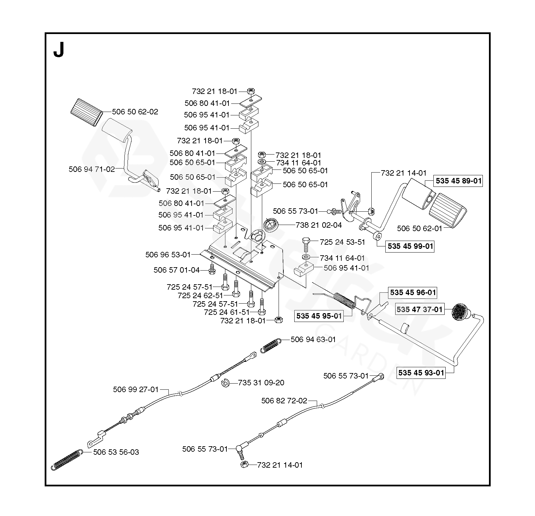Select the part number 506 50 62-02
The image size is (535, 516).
[x=135, y=112]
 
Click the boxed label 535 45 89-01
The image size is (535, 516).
[x=459, y=181]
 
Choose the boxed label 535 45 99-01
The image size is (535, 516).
[x=410, y=246]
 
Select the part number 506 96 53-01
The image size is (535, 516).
[x=168, y=254]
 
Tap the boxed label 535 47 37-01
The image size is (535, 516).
[x=419, y=309]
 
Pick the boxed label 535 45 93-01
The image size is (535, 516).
[x=421, y=372]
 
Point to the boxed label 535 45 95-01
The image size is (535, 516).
[x=319, y=316]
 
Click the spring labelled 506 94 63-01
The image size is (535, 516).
[x=271, y=346]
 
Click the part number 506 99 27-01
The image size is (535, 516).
[x=136, y=389]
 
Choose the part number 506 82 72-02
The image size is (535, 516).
[x=284, y=401]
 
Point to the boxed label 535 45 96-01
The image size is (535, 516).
[x=413, y=292]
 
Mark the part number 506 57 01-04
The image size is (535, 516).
[x=176, y=270]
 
